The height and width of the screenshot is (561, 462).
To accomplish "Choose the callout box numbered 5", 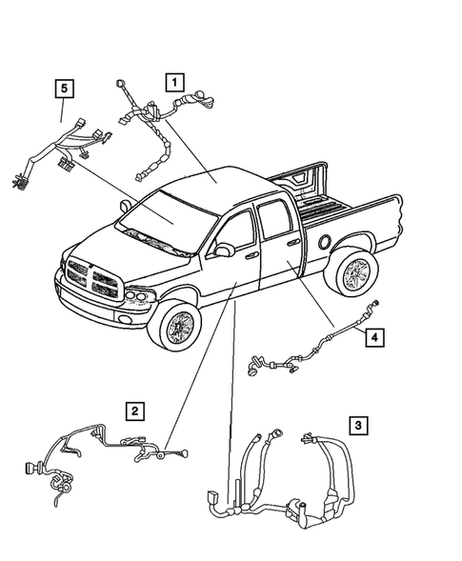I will tap(64, 90).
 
